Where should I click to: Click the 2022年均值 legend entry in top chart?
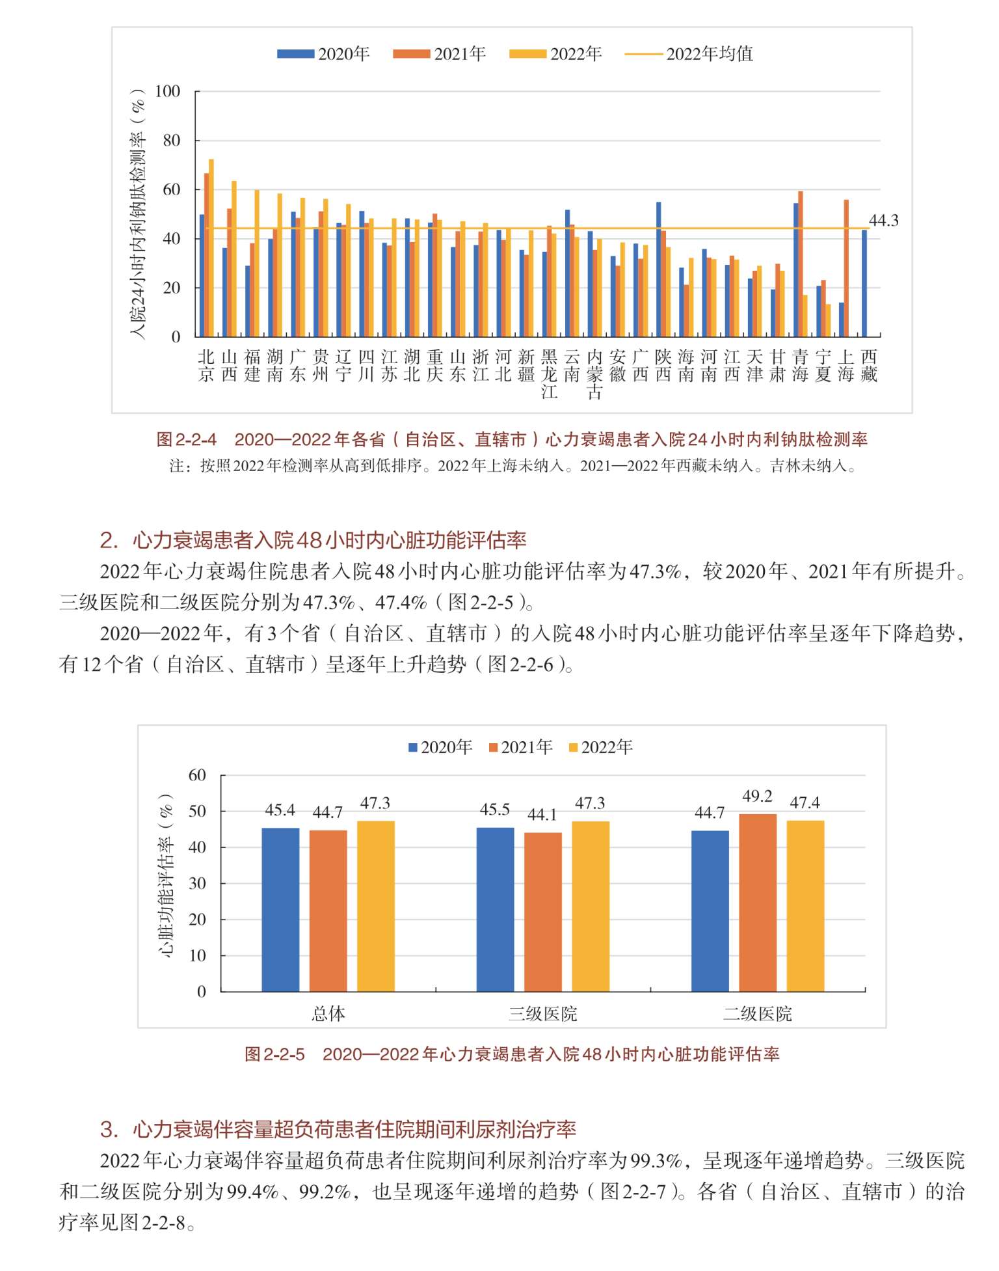pos(689,54)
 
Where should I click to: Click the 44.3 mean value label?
pos(883,221)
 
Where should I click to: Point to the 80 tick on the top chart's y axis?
pos(171,141)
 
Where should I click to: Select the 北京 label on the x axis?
pos(206,366)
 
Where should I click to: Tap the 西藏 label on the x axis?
pos(869,366)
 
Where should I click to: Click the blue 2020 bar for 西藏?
pos(864,283)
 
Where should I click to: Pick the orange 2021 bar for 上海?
pos(846,268)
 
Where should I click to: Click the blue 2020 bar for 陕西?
pos(659,269)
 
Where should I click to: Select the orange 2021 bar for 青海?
pos(801,264)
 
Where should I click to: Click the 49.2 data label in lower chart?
pos(758,797)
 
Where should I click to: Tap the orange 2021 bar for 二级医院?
pos(758,903)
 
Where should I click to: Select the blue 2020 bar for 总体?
pos(280,910)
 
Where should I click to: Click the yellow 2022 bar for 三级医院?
pos(591,907)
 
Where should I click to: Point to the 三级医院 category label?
pos(543,1014)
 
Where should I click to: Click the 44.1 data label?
pos(542,815)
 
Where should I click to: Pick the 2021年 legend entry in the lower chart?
pos(521,747)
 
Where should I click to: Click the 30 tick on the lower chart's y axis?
pos(197,883)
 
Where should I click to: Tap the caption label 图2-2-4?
pos(187,440)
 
